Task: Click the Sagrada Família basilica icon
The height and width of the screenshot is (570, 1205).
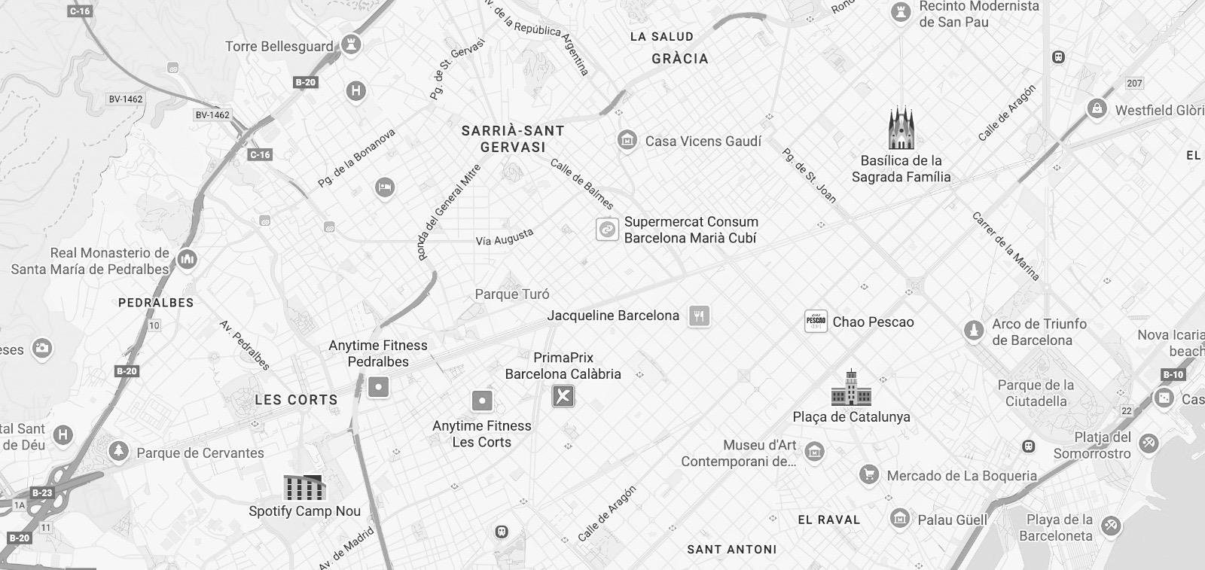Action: coord(901,129)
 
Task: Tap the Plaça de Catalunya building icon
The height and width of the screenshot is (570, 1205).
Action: coord(851,388)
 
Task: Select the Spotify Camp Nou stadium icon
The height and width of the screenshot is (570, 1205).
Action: coord(304,488)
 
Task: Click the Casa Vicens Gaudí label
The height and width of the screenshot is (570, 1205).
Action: coord(703,141)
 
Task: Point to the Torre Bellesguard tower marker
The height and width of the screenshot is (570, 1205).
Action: coord(350,44)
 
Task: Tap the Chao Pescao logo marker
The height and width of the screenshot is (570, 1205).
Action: coord(816,322)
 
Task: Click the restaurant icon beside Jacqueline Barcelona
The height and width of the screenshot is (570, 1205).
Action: coord(699,315)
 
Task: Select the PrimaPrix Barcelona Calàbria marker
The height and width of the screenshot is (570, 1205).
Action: coord(563,396)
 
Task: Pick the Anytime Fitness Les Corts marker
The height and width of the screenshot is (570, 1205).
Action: coord(482,401)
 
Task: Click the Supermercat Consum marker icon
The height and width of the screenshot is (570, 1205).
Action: coord(607,230)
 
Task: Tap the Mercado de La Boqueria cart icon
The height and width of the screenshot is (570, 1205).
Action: coord(870,475)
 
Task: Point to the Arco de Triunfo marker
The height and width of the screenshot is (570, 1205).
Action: coord(974,331)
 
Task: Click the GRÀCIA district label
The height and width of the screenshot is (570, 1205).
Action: coord(679,59)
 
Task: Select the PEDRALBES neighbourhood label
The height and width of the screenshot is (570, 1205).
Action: coord(156,303)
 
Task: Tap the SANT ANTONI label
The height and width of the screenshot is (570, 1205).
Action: coord(731,550)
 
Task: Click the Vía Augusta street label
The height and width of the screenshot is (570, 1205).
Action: coord(504,238)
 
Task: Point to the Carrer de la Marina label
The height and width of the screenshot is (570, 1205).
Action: coord(1005,246)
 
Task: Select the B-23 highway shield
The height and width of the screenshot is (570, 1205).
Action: coord(42,493)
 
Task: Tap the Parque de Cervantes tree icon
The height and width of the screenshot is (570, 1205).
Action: coord(118,452)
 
